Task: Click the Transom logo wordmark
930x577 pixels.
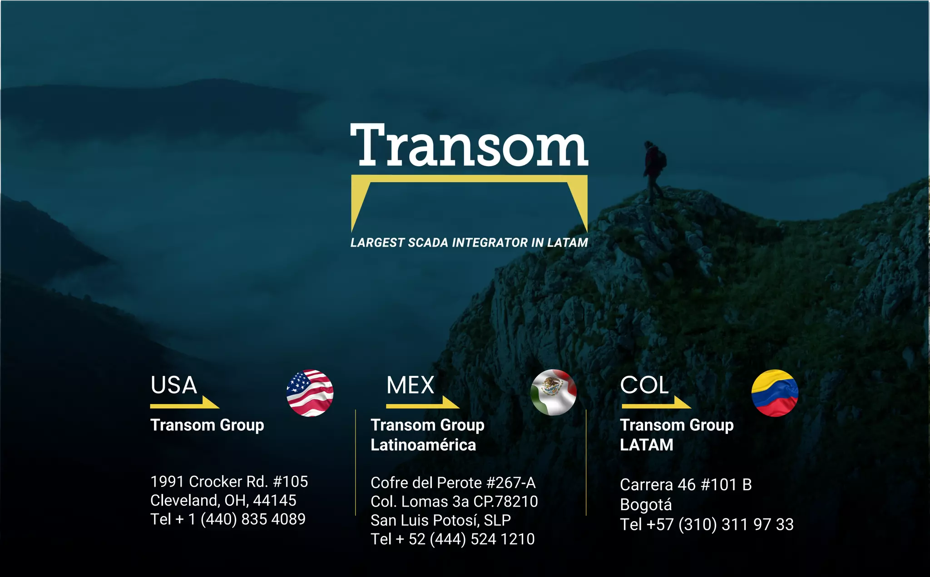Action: (469, 145)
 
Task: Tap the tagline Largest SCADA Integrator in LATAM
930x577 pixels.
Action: (469, 243)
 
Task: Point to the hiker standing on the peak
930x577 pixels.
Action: (653, 170)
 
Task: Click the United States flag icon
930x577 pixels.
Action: (310, 393)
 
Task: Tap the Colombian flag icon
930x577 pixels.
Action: (775, 393)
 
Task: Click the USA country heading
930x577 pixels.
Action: (174, 385)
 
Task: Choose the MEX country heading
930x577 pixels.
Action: (411, 385)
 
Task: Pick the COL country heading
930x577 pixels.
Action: (644, 385)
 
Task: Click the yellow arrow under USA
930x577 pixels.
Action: (185, 404)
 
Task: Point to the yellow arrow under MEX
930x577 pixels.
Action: (422, 404)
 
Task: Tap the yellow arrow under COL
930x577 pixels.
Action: (656, 404)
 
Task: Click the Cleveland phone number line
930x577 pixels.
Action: (228, 519)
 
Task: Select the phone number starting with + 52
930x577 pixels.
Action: (453, 539)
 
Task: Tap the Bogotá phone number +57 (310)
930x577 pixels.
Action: (707, 525)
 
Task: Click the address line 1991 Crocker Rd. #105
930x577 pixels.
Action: (229, 482)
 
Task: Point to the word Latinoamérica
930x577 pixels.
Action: (423, 445)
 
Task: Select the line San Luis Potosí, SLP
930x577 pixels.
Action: (440, 520)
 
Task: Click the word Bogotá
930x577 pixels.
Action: (646, 505)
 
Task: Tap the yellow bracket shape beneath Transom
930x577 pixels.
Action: (469, 179)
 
